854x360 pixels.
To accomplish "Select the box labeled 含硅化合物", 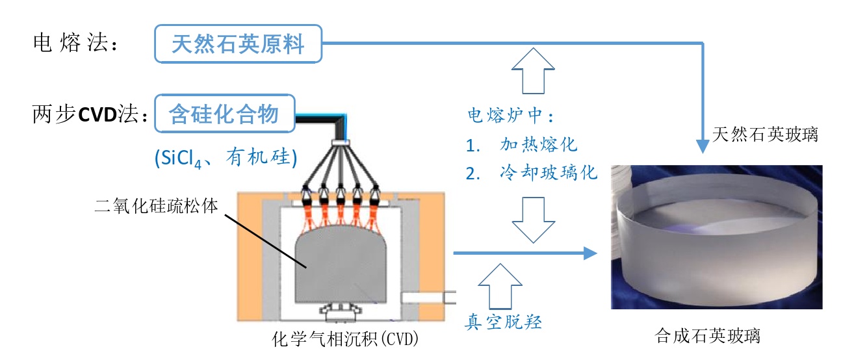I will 224,114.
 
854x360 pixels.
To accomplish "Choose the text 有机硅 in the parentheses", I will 261,157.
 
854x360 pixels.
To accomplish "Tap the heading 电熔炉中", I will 511,116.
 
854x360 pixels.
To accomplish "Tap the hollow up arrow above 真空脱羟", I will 500,285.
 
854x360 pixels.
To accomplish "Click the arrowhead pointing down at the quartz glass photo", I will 703,146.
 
